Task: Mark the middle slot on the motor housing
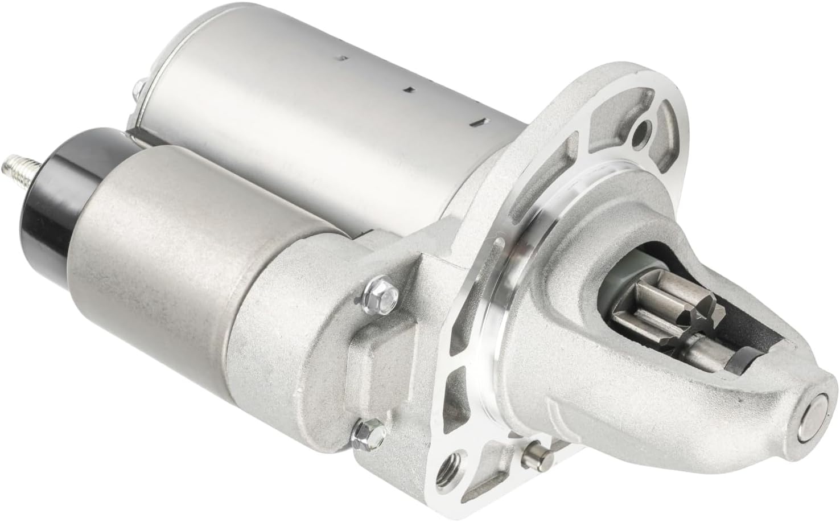407,89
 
